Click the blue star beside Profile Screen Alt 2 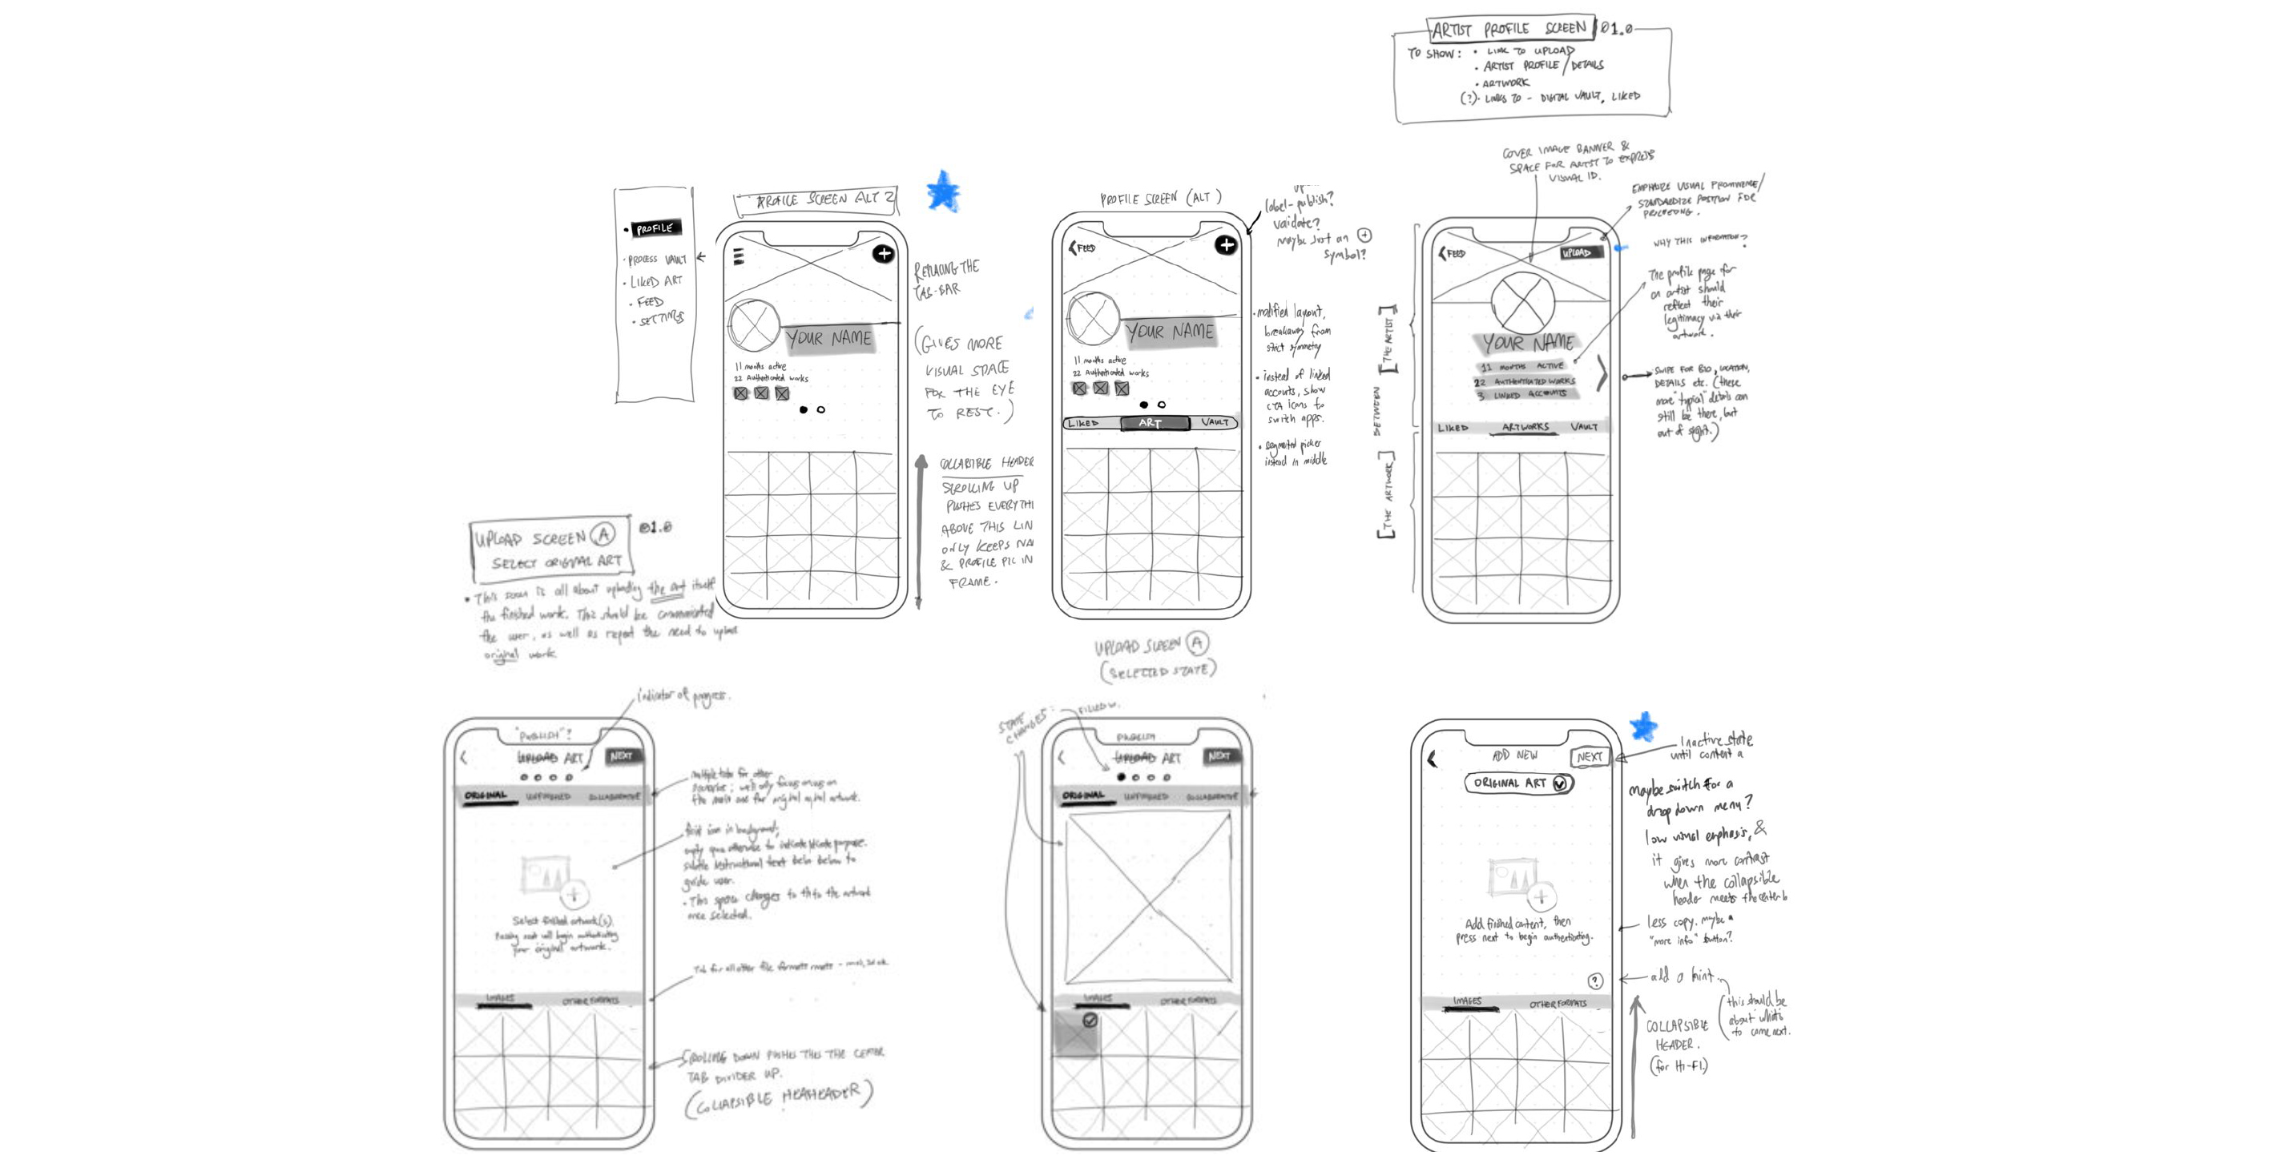[942, 191]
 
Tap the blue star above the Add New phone [1642, 727]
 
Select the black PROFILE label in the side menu [655, 229]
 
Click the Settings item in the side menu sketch [661, 319]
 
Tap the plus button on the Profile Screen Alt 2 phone [884, 254]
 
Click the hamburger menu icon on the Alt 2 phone [738, 256]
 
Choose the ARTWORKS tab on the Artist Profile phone [1525, 427]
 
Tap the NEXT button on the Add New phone [1589, 757]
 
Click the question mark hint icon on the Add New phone [1595, 981]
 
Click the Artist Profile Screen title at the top [1509, 29]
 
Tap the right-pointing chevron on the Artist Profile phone [1602, 374]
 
